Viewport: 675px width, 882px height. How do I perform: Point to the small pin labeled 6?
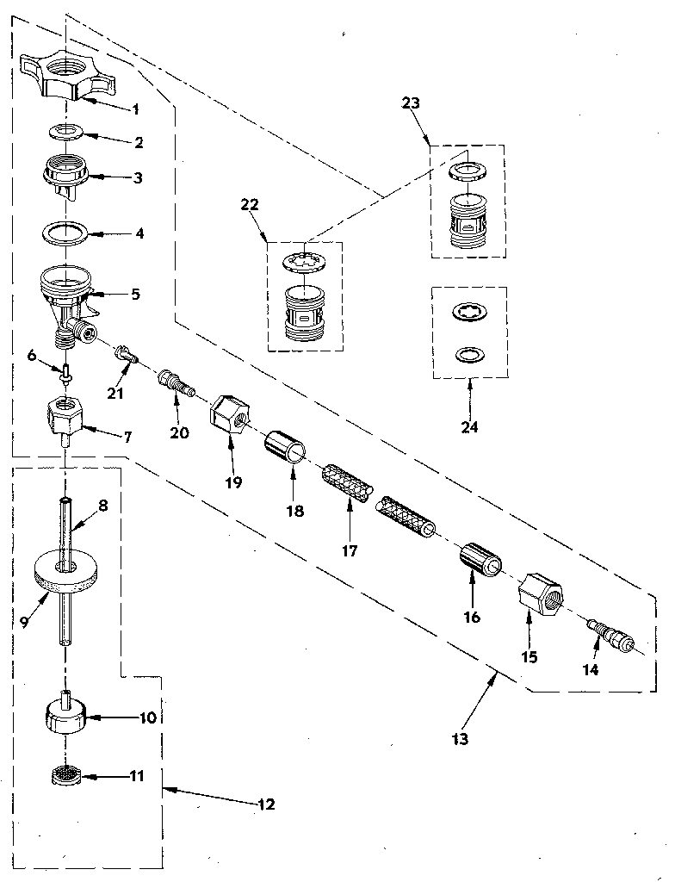click(65, 371)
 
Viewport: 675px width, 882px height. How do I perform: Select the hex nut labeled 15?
click(540, 596)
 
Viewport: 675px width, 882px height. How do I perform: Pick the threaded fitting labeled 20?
click(175, 382)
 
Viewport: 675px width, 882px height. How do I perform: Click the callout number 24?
click(469, 425)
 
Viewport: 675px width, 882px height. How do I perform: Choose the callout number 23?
click(411, 102)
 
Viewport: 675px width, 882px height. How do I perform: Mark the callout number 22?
click(250, 205)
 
